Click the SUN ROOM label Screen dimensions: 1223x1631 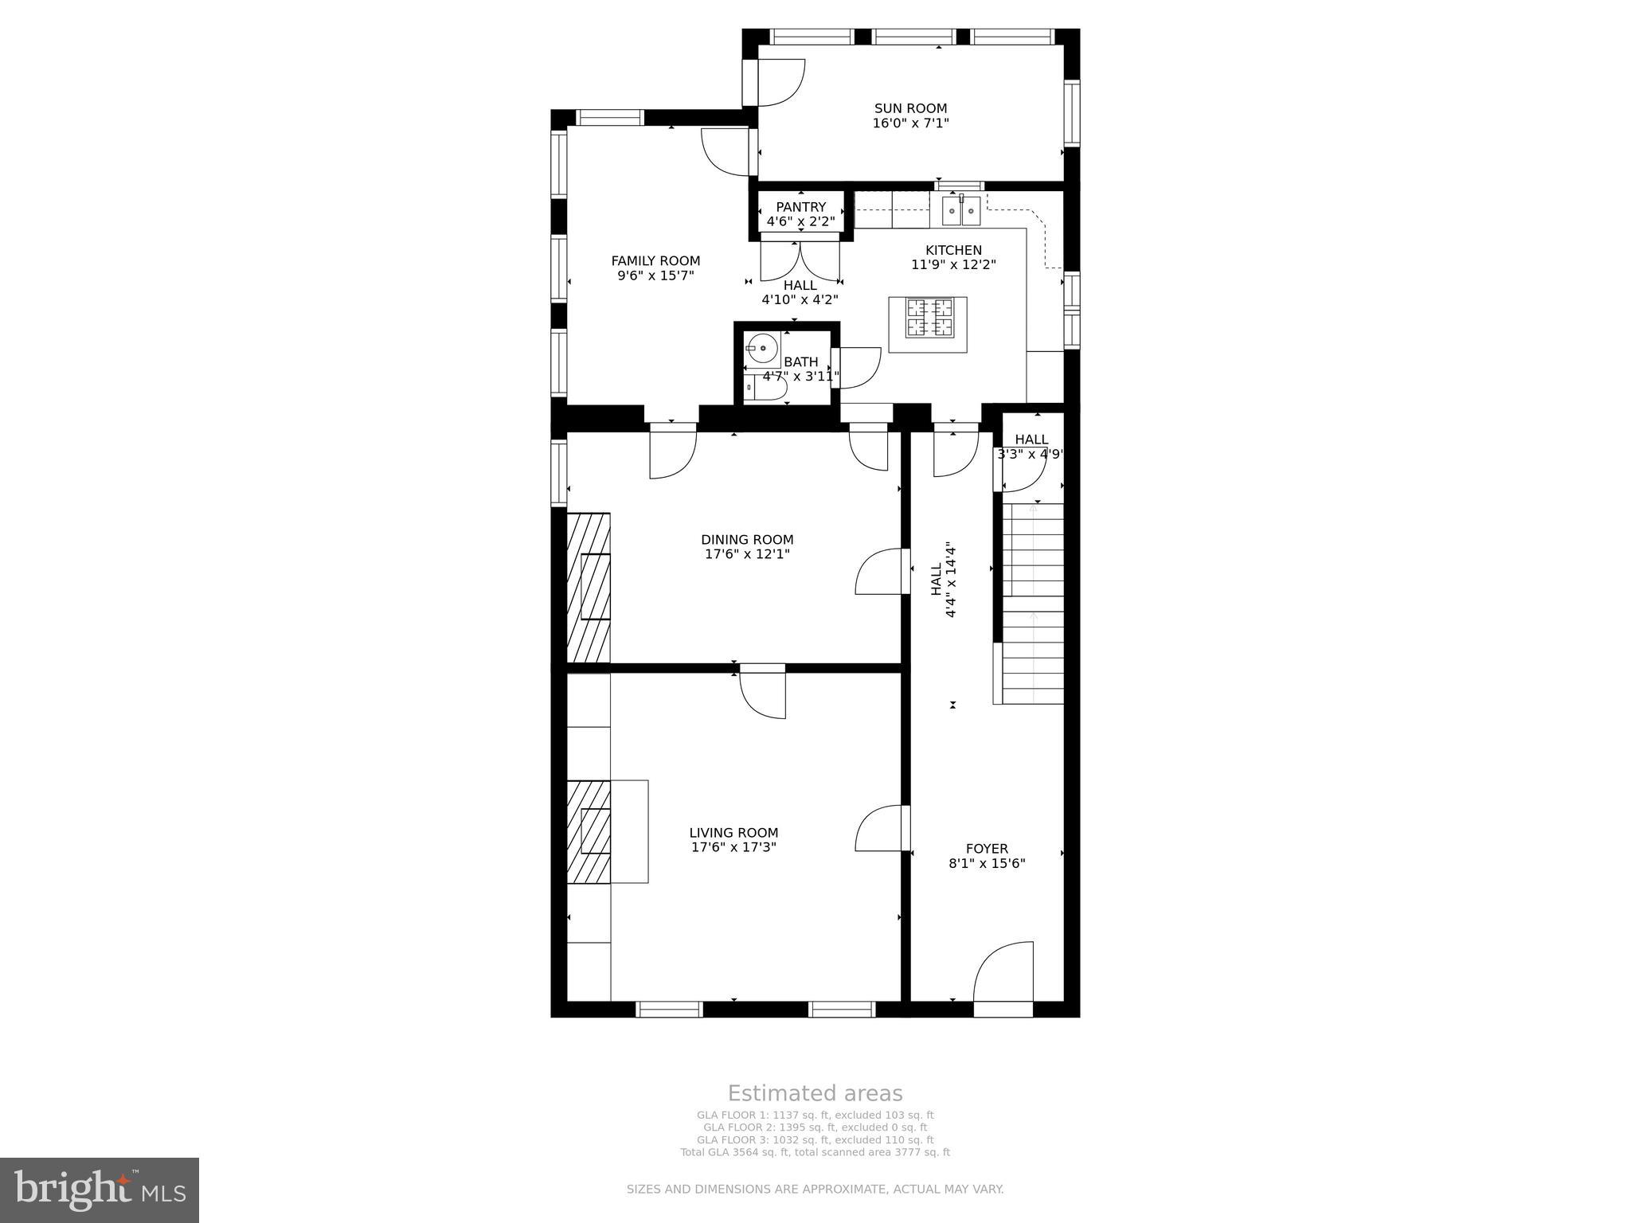coord(910,108)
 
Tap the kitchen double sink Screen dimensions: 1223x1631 coord(960,210)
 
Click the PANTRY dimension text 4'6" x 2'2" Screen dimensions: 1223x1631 coord(800,221)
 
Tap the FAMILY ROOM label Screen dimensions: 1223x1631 coord(655,260)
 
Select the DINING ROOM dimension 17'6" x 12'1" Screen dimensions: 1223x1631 coord(747,554)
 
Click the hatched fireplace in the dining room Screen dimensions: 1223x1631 coord(589,588)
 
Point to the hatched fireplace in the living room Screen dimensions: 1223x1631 coord(589,831)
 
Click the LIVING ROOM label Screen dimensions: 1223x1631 coord(733,833)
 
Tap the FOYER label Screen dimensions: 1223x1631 coord(987,849)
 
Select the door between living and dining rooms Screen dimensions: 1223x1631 coord(763,692)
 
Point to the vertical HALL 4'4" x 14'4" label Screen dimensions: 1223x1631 coord(942,580)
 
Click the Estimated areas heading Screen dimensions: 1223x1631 coord(815,1093)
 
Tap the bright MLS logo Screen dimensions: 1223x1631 coord(100,1190)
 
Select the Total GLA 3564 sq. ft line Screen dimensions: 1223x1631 coord(815,1152)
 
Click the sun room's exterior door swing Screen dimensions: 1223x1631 coord(780,82)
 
